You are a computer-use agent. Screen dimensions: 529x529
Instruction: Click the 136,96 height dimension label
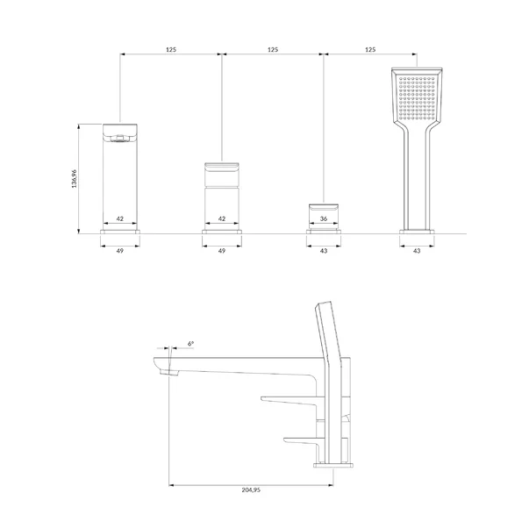75,178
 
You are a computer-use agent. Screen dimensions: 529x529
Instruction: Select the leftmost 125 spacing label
171,49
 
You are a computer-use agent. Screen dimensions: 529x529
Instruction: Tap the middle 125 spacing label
273,49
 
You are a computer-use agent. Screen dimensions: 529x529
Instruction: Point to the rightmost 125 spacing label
370,49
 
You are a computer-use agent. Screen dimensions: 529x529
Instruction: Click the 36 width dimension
323,218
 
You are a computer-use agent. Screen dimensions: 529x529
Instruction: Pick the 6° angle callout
190,343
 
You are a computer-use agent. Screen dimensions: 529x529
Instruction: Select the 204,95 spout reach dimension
251,490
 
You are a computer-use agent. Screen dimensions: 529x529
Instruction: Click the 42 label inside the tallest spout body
120,218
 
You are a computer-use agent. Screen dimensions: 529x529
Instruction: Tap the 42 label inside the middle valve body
222,218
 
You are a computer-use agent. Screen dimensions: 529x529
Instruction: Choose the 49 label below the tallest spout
120,251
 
